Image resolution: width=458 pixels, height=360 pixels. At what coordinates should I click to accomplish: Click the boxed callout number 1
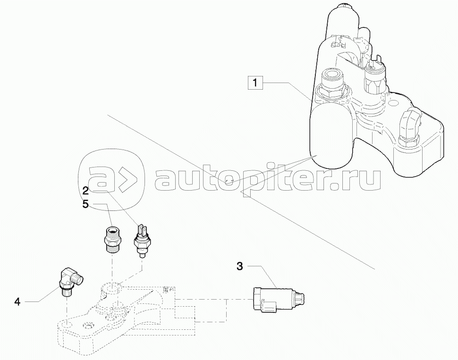point(255,84)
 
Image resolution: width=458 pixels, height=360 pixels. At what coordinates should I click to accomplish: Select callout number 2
point(85,191)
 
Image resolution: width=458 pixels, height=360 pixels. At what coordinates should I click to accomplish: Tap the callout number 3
point(239,267)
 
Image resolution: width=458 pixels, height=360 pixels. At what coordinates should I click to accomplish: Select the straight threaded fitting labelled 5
point(113,237)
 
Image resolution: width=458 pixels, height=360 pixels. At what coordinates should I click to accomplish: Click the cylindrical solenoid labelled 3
point(276,299)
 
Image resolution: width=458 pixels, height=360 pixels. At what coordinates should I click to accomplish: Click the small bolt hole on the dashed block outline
point(88,326)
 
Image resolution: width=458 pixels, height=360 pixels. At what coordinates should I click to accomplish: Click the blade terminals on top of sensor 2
point(141,228)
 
